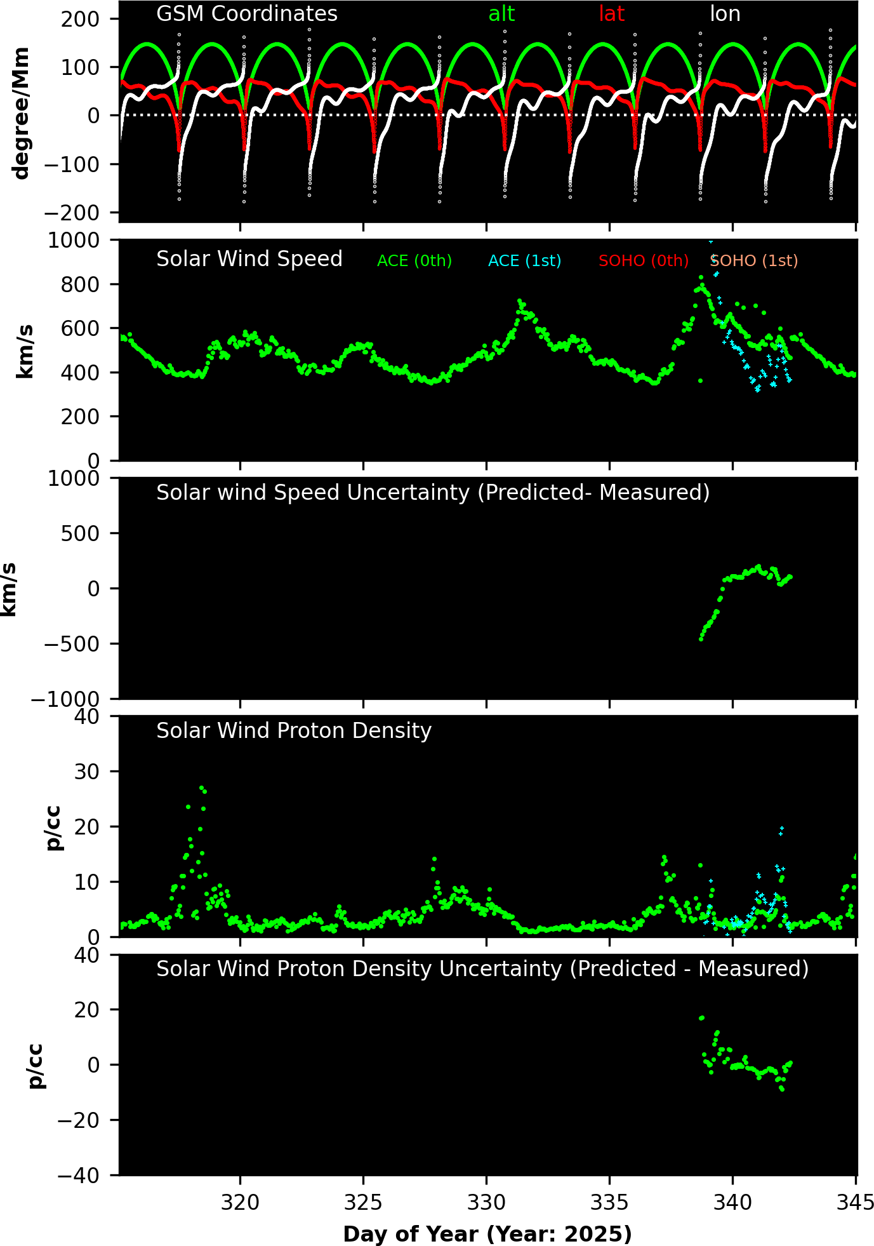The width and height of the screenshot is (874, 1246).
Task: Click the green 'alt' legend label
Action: pyautogui.click(x=501, y=14)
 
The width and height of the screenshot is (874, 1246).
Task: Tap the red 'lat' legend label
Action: pyautogui.click(x=611, y=14)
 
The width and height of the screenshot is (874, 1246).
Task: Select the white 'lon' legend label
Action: pyautogui.click(x=725, y=14)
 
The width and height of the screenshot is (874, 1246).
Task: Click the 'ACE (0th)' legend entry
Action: pyautogui.click(x=414, y=261)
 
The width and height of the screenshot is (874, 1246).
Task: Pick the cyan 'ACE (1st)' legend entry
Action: pyautogui.click(x=524, y=261)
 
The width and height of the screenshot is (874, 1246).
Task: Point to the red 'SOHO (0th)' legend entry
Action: pyautogui.click(x=644, y=261)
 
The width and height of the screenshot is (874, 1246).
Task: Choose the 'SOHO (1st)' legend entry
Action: pyautogui.click(x=754, y=261)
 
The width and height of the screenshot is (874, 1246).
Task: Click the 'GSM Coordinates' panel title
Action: pyautogui.click(x=247, y=14)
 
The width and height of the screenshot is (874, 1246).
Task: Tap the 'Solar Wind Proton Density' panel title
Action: pyautogui.click(x=294, y=731)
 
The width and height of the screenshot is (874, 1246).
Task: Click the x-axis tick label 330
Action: pyautogui.click(x=486, y=1203)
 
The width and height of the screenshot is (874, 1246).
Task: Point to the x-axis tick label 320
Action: pyautogui.click(x=240, y=1203)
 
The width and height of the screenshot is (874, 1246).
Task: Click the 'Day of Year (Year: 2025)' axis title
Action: pyautogui.click(x=487, y=1234)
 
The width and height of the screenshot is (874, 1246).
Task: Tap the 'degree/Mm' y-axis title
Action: pyautogui.click(x=22, y=113)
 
